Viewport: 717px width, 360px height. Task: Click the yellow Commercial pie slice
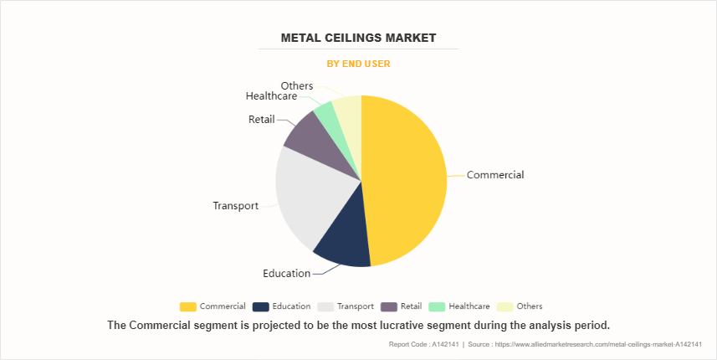point(406,180)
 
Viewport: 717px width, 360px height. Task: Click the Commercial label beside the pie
point(495,175)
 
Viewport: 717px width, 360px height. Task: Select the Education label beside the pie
point(286,274)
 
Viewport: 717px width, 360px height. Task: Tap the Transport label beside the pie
point(235,206)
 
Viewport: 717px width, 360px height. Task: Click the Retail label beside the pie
point(261,120)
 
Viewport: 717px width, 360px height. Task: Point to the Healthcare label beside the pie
point(271,96)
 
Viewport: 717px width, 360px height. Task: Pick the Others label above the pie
point(297,85)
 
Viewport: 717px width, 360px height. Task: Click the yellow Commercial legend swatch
point(188,306)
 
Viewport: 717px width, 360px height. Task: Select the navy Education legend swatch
point(260,306)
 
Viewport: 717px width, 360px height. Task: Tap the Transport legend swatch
point(325,306)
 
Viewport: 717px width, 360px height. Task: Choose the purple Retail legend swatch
point(388,306)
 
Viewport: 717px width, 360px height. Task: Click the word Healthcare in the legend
point(469,306)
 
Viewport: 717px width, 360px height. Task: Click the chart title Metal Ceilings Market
point(358,39)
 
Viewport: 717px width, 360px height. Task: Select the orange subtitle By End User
point(358,64)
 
